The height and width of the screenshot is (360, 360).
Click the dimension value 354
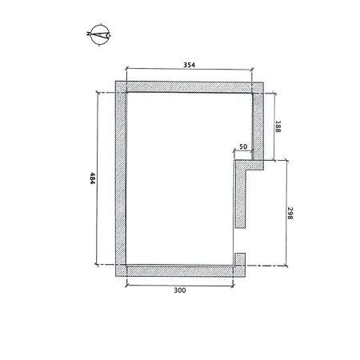189,65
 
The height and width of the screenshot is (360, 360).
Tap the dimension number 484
92,178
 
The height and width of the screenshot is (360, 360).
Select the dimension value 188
278,126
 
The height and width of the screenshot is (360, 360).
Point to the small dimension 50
243,146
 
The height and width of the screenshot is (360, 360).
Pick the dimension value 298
290,213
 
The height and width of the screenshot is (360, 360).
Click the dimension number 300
180,290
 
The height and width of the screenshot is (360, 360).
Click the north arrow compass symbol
100,34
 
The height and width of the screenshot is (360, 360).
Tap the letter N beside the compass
88,34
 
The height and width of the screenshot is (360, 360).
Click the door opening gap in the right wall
240,241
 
